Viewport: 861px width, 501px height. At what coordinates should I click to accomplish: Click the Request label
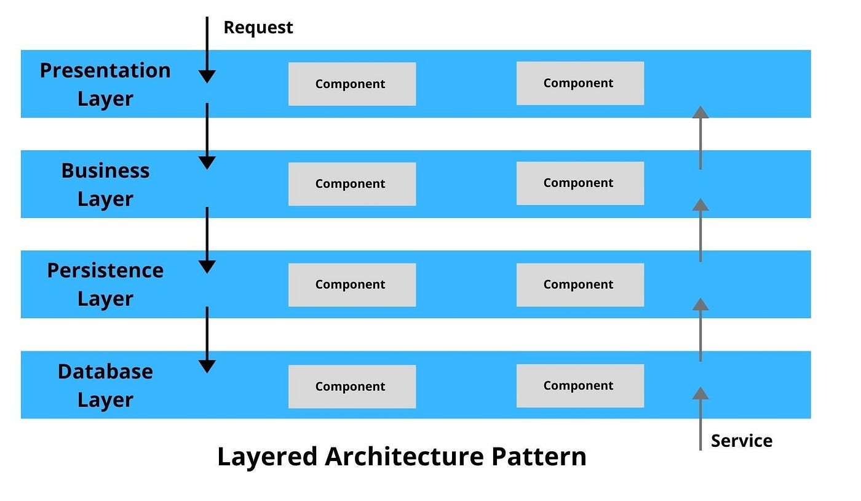(258, 28)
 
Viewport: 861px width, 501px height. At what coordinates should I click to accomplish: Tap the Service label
(741, 441)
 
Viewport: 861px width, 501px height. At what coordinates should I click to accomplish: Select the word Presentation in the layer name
(105, 70)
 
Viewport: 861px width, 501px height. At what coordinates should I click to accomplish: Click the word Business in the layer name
(105, 170)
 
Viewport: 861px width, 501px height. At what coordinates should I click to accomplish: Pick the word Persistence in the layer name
(105, 270)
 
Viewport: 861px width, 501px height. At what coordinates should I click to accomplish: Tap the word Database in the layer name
(105, 371)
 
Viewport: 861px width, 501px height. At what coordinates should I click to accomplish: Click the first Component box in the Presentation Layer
(352, 84)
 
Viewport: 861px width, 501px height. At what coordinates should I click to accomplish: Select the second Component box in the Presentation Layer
(580, 83)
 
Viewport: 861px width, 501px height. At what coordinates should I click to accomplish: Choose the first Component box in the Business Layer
(352, 184)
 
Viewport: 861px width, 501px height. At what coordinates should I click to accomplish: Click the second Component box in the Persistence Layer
(580, 284)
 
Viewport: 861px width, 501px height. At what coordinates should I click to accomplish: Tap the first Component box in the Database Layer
(352, 387)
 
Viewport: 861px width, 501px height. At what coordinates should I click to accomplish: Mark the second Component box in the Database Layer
(580, 386)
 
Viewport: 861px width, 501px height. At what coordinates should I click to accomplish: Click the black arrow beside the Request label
(207, 49)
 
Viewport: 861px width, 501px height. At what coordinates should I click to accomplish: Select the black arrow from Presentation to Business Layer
(207, 135)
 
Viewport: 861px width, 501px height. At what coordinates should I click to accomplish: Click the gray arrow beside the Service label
(700, 419)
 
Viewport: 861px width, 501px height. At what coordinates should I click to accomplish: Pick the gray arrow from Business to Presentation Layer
(700, 138)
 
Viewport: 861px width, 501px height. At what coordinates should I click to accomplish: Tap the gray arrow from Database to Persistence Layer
(700, 330)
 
